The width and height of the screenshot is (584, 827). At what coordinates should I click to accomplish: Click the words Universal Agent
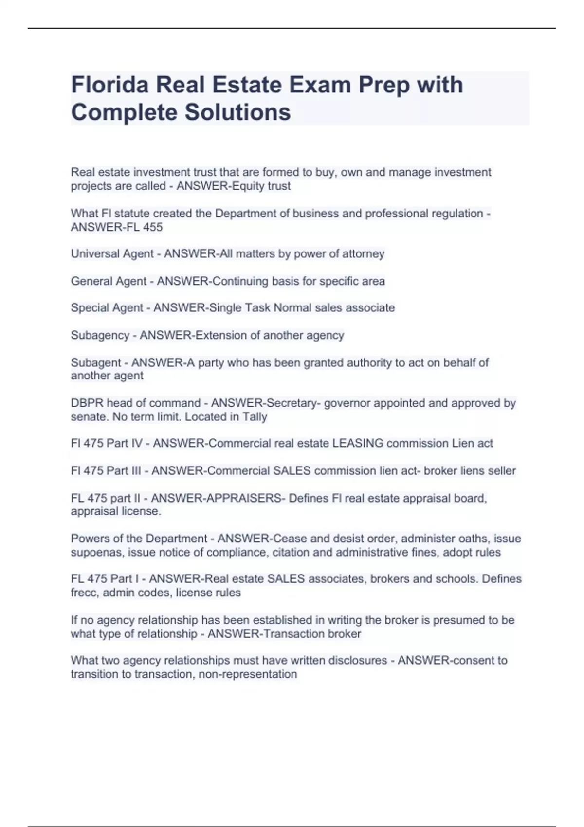[x=112, y=254]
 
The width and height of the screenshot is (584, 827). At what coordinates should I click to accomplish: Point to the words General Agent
[x=109, y=281]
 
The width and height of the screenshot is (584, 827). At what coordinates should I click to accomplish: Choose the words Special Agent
[x=107, y=308]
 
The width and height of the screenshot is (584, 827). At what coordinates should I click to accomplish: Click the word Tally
[x=255, y=417]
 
